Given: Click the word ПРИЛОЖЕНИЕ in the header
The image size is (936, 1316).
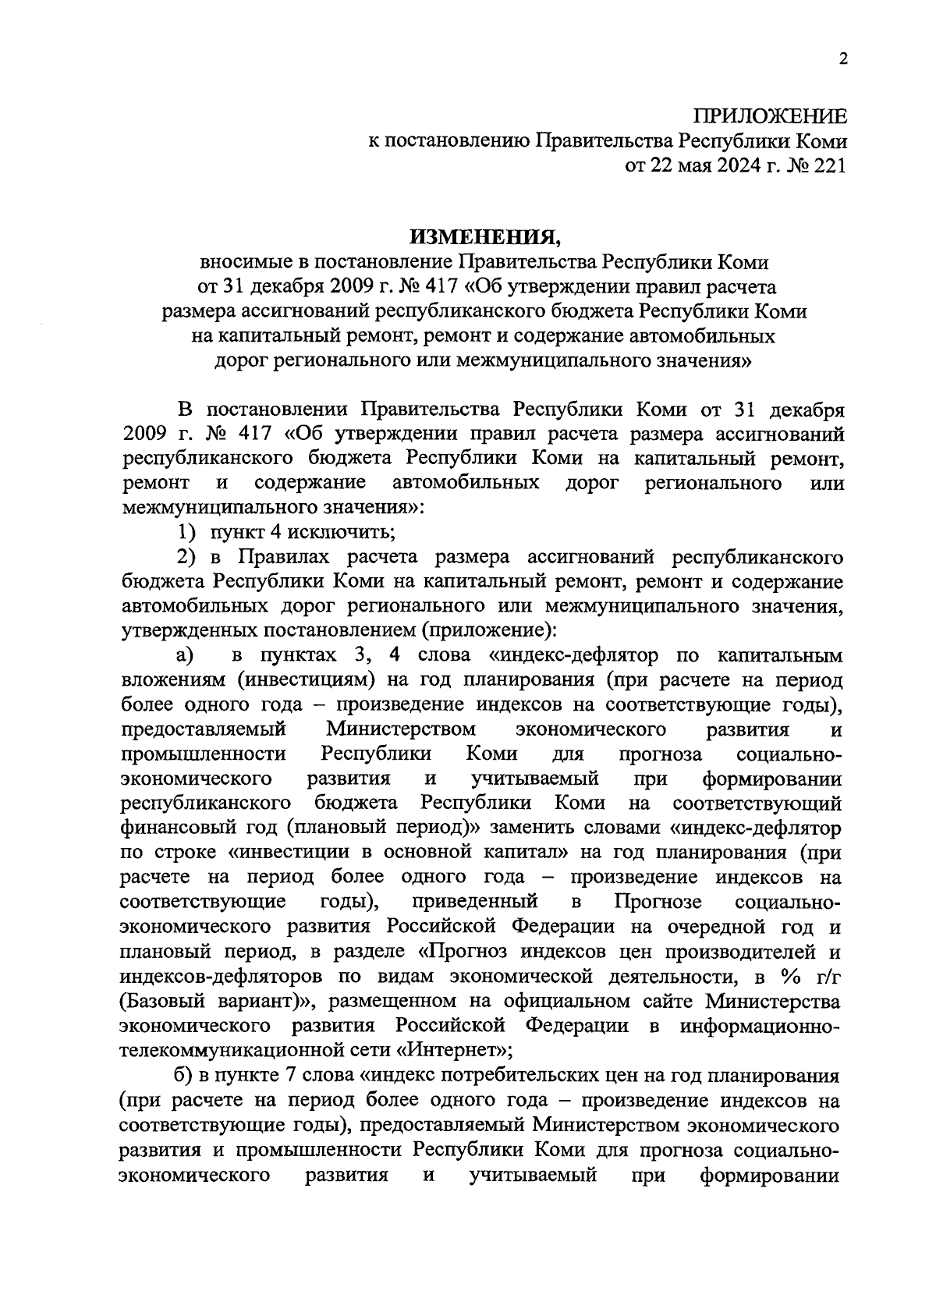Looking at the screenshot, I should [770, 118].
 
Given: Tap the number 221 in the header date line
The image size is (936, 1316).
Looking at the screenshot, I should [828, 165].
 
